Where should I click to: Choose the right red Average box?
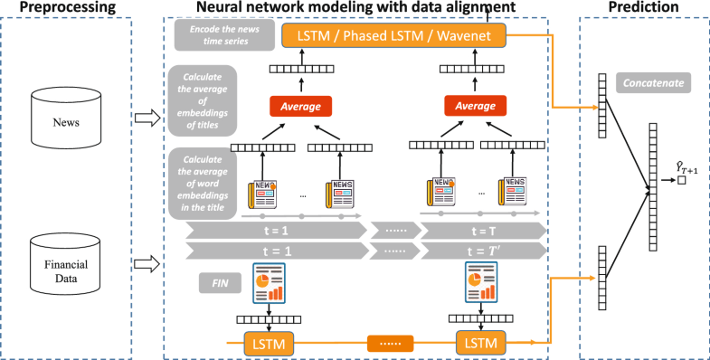(x=473, y=107)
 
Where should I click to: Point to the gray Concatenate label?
(x=653, y=84)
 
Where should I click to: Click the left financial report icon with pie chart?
(x=270, y=283)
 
